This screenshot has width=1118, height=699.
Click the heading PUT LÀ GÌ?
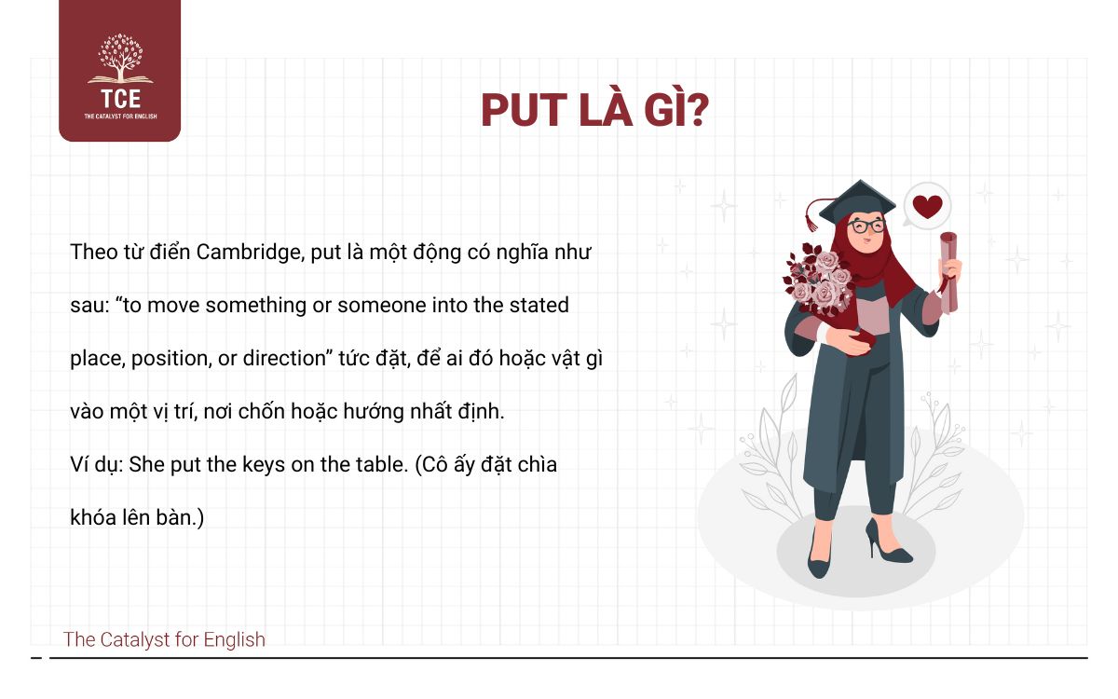click(594, 110)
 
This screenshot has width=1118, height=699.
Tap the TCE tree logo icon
click(120, 60)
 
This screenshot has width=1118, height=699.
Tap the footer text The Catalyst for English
click(164, 639)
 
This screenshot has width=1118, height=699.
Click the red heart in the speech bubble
click(927, 206)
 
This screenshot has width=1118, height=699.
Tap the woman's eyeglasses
click(866, 226)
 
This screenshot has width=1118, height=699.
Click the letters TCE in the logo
click(120, 99)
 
